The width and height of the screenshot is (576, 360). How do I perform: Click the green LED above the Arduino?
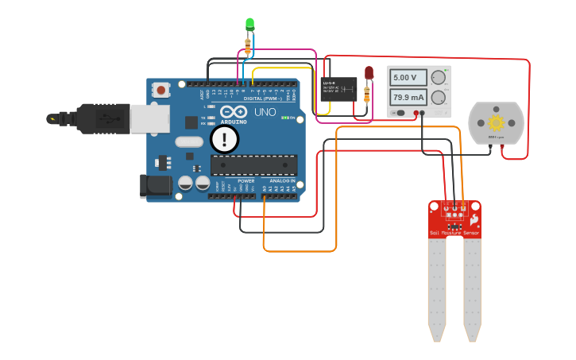pos(249,24)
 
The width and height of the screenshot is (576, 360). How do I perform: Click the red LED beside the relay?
pos(369,73)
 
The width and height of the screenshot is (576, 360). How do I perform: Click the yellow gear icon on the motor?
pos(497,122)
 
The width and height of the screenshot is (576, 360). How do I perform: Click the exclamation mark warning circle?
pos(225,140)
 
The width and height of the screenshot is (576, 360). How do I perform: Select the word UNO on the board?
pos(265,113)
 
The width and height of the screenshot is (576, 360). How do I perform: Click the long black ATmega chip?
pos(253,165)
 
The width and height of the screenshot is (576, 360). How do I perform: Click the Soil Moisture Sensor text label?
pos(454,233)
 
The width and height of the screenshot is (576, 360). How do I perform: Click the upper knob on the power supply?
pos(439,77)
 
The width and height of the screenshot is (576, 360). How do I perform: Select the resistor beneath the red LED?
pos(366,95)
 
